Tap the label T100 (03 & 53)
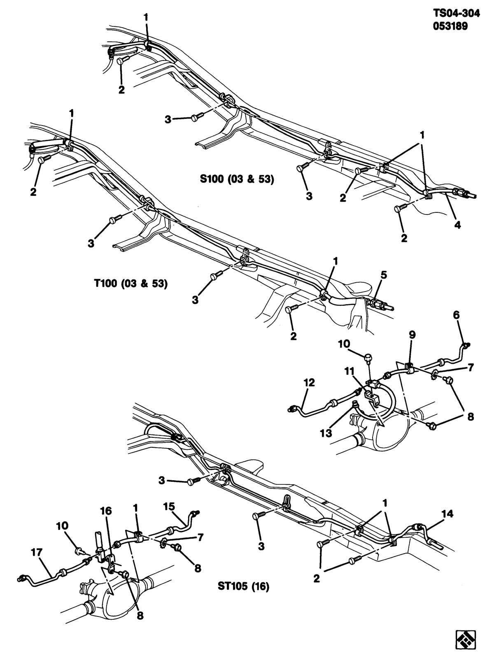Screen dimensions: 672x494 (128, 284)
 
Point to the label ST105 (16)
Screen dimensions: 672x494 (243, 586)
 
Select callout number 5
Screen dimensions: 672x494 (383, 275)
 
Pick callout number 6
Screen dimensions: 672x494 (456, 315)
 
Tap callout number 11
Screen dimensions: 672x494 (349, 371)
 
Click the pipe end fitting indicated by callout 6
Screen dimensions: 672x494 (466, 345)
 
